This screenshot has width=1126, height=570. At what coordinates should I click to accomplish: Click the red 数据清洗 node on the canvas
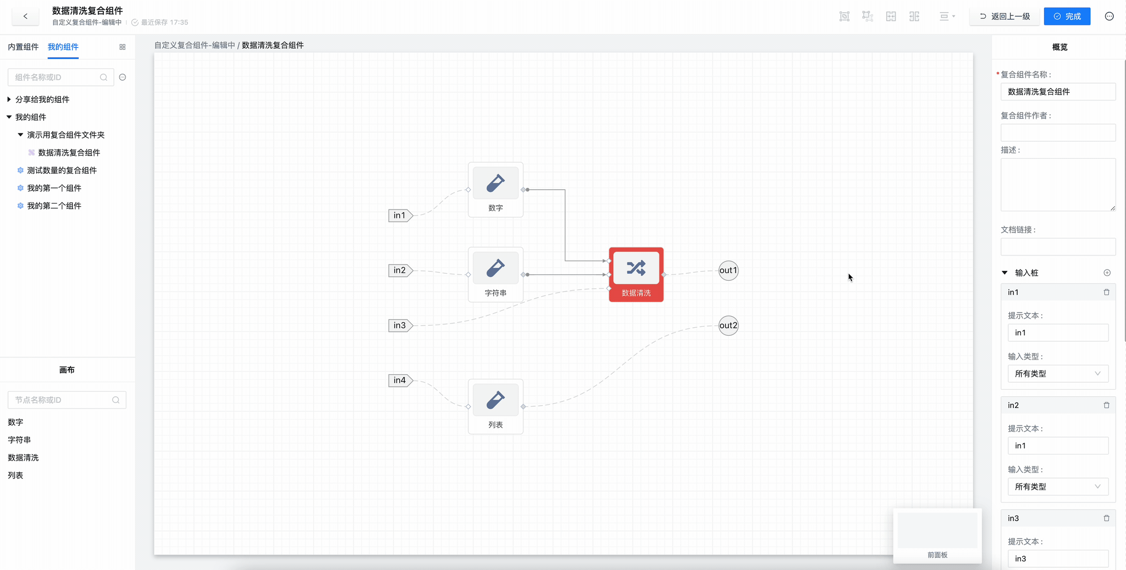click(x=636, y=274)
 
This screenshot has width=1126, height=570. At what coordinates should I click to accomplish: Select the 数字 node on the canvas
click(x=495, y=189)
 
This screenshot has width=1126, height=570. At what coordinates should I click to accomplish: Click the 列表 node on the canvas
click(x=495, y=406)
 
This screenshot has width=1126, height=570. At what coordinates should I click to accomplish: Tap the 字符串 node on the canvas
click(x=495, y=274)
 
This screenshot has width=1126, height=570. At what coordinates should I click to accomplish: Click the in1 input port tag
click(x=400, y=216)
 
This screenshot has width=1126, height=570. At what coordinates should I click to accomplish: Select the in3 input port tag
click(x=400, y=325)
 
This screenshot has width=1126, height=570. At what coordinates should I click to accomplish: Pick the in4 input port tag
click(x=400, y=380)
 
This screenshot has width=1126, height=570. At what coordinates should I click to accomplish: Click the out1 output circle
click(x=728, y=270)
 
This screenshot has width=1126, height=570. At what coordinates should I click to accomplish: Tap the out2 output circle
click(x=728, y=325)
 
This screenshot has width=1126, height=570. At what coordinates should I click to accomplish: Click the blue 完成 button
click(x=1067, y=16)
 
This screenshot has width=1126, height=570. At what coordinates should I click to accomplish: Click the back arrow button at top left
click(x=25, y=16)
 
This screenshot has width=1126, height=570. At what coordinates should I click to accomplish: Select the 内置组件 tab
click(x=23, y=47)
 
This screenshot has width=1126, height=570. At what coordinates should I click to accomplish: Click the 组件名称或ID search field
click(x=56, y=77)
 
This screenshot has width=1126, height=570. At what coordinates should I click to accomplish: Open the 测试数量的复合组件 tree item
click(x=62, y=170)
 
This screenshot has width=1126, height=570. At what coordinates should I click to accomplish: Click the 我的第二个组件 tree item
click(x=54, y=206)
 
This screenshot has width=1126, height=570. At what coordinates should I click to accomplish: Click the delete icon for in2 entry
click(x=1106, y=405)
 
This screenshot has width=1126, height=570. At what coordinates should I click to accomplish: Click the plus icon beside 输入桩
click(x=1107, y=273)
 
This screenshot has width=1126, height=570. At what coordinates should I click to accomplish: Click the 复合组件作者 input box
click(x=1058, y=132)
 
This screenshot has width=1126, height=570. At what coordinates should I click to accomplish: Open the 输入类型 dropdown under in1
click(x=1058, y=374)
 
